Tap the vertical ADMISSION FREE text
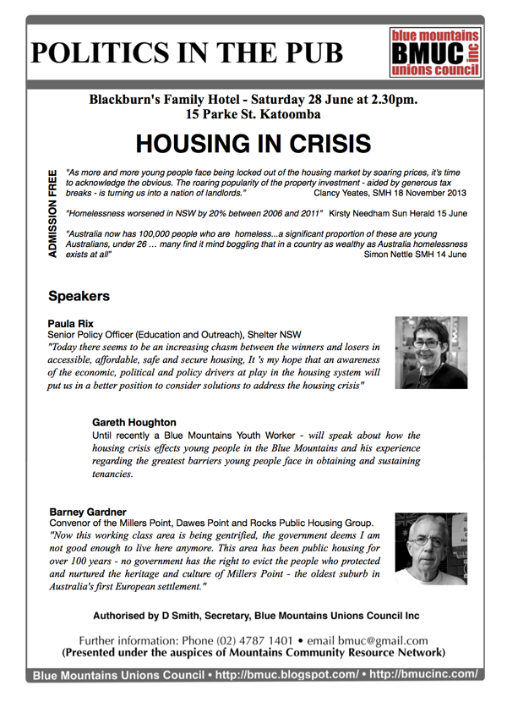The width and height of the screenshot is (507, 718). pos(52,216)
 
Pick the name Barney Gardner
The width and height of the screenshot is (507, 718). pos(88,512)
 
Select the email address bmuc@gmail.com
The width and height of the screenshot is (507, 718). pos(384,639)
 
